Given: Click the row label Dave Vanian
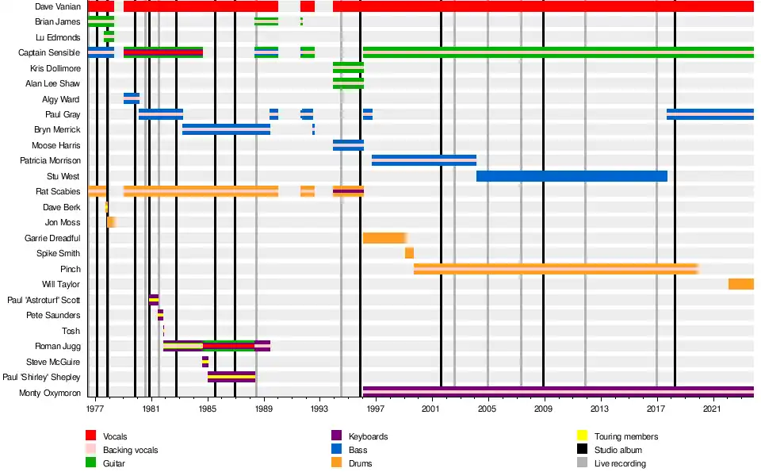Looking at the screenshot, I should (x=57, y=6).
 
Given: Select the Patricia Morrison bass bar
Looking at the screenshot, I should (x=423, y=160).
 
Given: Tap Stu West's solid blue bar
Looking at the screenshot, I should (x=572, y=176).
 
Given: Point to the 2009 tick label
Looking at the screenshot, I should (x=543, y=409).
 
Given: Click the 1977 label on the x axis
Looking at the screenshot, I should (x=95, y=409).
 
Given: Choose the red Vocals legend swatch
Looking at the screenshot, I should (x=91, y=436).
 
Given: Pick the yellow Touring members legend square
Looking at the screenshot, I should (x=581, y=436).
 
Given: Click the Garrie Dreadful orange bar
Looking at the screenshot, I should (x=384, y=238).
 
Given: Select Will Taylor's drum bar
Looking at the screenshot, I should (x=740, y=284).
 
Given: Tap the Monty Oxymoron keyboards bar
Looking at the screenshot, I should (x=558, y=392).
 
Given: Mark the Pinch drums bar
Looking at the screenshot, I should (x=555, y=269).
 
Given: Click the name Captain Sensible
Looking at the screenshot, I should (x=49, y=53).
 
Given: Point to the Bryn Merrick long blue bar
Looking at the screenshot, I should (x=226, y=129).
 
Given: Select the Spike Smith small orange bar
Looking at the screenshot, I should (x=409, y=253).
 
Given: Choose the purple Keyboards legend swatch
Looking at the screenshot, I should (x=336, y=436).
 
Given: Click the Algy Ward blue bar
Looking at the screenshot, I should (x=132, y=99).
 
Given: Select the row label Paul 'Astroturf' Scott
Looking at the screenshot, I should (x=44, y=300).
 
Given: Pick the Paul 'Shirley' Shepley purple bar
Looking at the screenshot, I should (x=231, y=377).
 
